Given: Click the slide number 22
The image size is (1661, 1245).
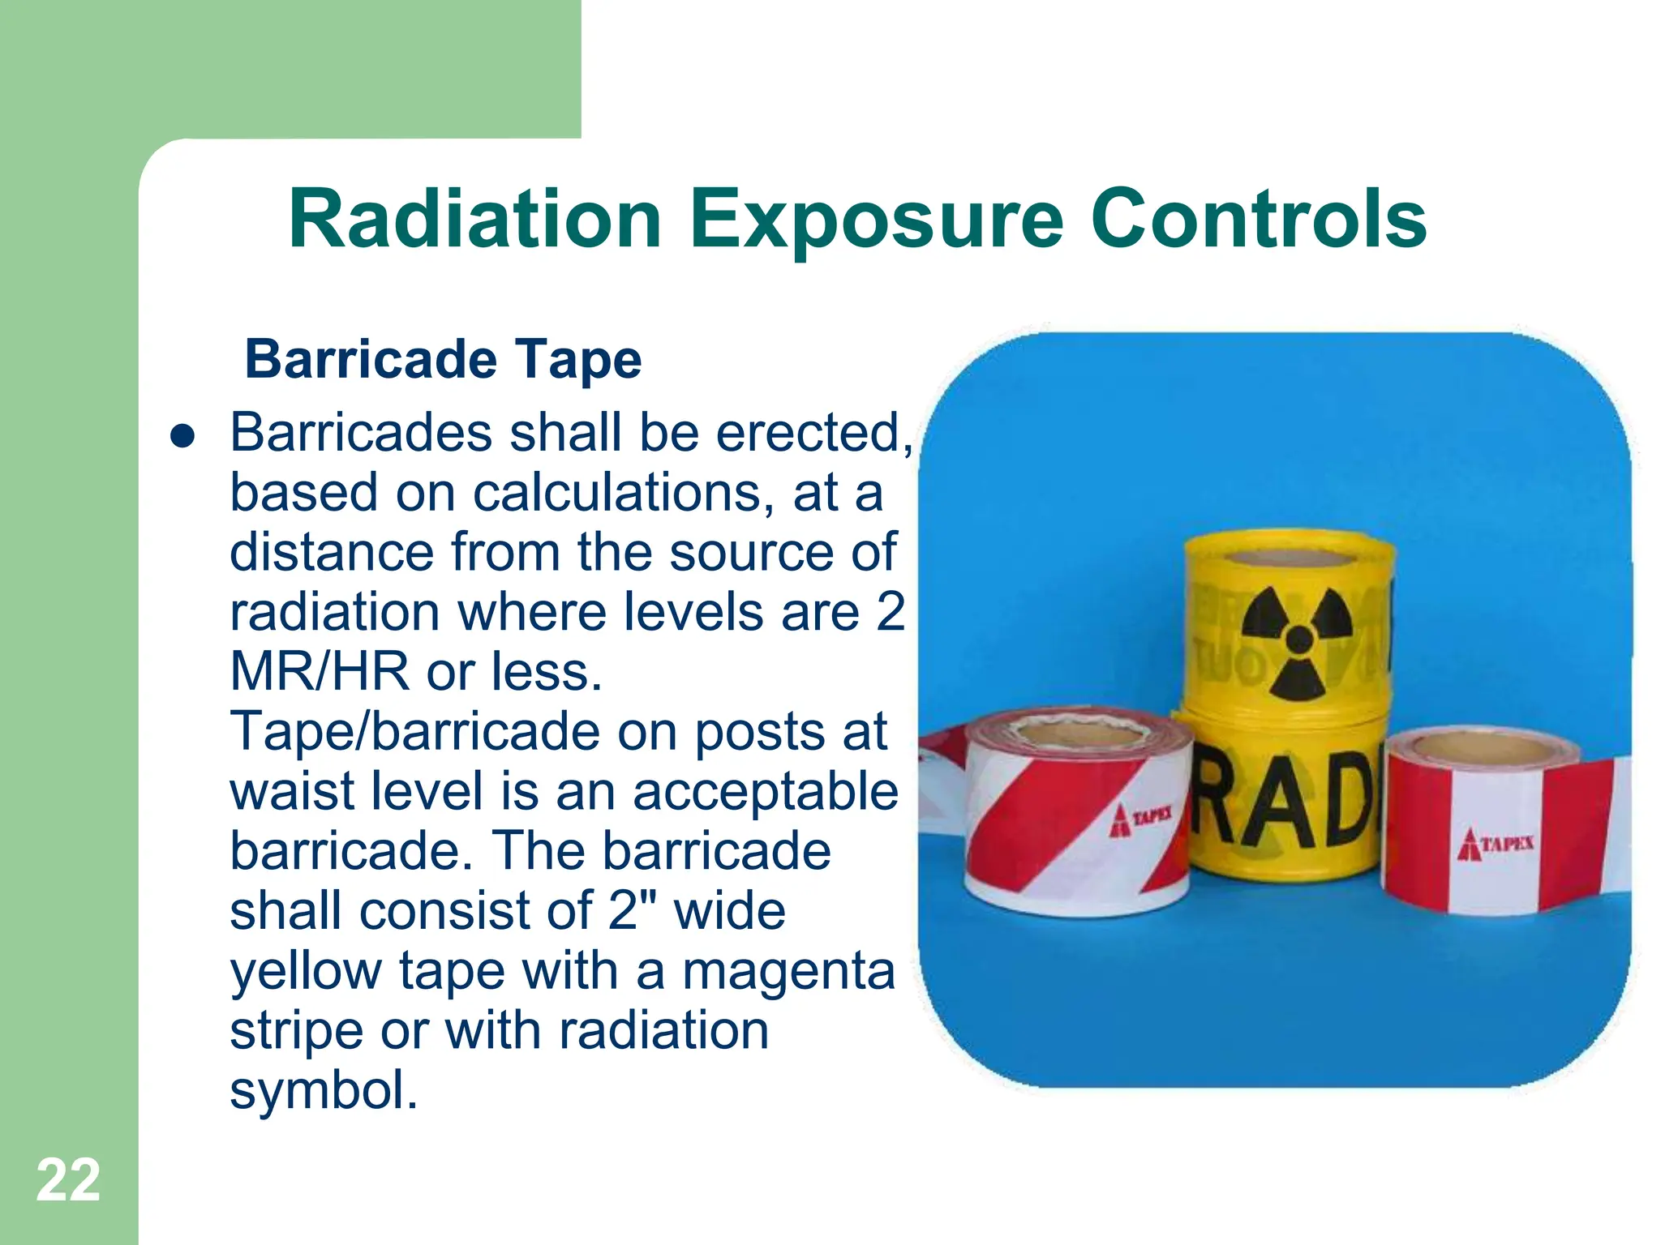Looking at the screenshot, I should point(68,1180).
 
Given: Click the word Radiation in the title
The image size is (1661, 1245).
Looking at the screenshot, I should point(475,220).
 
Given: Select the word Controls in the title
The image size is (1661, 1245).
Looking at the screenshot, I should point(1259,220).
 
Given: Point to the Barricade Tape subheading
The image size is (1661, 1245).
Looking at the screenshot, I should point(443,359).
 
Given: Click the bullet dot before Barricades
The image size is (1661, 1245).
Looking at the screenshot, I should point(183,436).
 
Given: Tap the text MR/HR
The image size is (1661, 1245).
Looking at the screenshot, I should point(320,672).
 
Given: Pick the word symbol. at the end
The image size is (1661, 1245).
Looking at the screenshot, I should point(324,1090).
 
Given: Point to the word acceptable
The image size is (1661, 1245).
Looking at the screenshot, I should point(765,791).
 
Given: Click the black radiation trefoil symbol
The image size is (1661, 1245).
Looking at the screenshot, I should point(1298,640).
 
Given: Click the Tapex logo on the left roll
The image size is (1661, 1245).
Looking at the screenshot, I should point(1140,819).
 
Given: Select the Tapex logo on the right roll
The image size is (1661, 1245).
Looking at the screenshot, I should point(1495,843).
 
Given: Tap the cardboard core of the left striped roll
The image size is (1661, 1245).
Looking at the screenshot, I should point(1079,733).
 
